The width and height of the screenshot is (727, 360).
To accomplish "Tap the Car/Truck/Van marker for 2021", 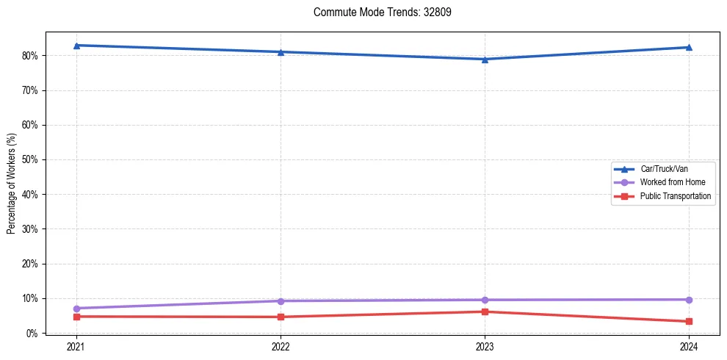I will coord(76,46).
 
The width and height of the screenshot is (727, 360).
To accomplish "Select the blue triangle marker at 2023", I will coord(485,59).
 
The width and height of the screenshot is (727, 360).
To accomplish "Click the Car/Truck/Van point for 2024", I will coord(689,47).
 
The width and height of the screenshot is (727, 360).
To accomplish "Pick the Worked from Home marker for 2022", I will coord(281,300).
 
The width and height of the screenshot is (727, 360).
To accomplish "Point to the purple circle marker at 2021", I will coord(76,308).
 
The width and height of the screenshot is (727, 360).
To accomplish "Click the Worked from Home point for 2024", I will coord(689,300).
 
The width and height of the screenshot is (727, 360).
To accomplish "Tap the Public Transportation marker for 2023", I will coord(485,312).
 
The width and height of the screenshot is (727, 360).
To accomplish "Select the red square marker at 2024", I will coord(689,321).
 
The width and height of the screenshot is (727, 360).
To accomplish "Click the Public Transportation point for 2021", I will coord(76,317).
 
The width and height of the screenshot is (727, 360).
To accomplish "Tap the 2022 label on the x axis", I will coord(281,346).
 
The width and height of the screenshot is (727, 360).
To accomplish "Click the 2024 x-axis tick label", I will coord(689,346).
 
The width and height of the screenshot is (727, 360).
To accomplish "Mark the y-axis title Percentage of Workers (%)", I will coord(12,183).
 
